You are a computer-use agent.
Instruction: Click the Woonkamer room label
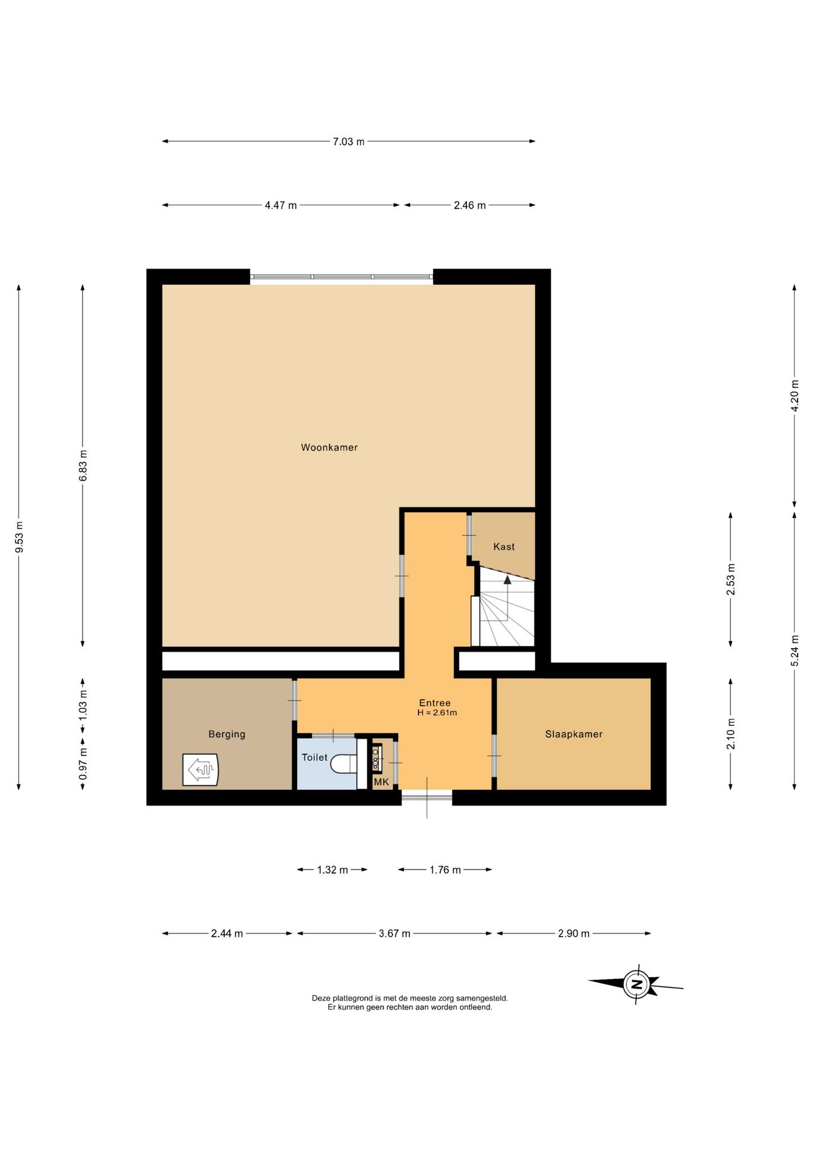click(329, 447)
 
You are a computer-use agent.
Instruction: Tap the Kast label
click(504, 546)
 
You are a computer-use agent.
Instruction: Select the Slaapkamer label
click(574, 734)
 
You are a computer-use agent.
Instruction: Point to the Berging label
click(227, 734)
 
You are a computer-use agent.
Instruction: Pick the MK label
click(381, 782)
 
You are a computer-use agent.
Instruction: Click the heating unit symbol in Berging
click(201, 769)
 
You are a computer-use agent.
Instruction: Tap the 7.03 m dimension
click(348, 142)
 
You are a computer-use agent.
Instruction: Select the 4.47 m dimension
click(281, 205)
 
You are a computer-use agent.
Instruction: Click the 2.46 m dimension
click(470, 205)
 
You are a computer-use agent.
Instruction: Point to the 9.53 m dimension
click(19, 537)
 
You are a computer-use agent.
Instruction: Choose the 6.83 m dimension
click(83, 466)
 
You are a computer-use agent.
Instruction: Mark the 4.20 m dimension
click(795, 396)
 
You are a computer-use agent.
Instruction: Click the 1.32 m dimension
click(332, 870)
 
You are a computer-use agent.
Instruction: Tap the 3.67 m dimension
click(395, 933)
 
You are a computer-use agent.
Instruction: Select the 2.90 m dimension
click(574, 933)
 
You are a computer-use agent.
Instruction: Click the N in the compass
click(637, 984)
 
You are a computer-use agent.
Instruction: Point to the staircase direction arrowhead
click(508, 579)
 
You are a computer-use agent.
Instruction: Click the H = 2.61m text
click(437, 713)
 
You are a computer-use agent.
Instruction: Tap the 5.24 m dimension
click(795, 651)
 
